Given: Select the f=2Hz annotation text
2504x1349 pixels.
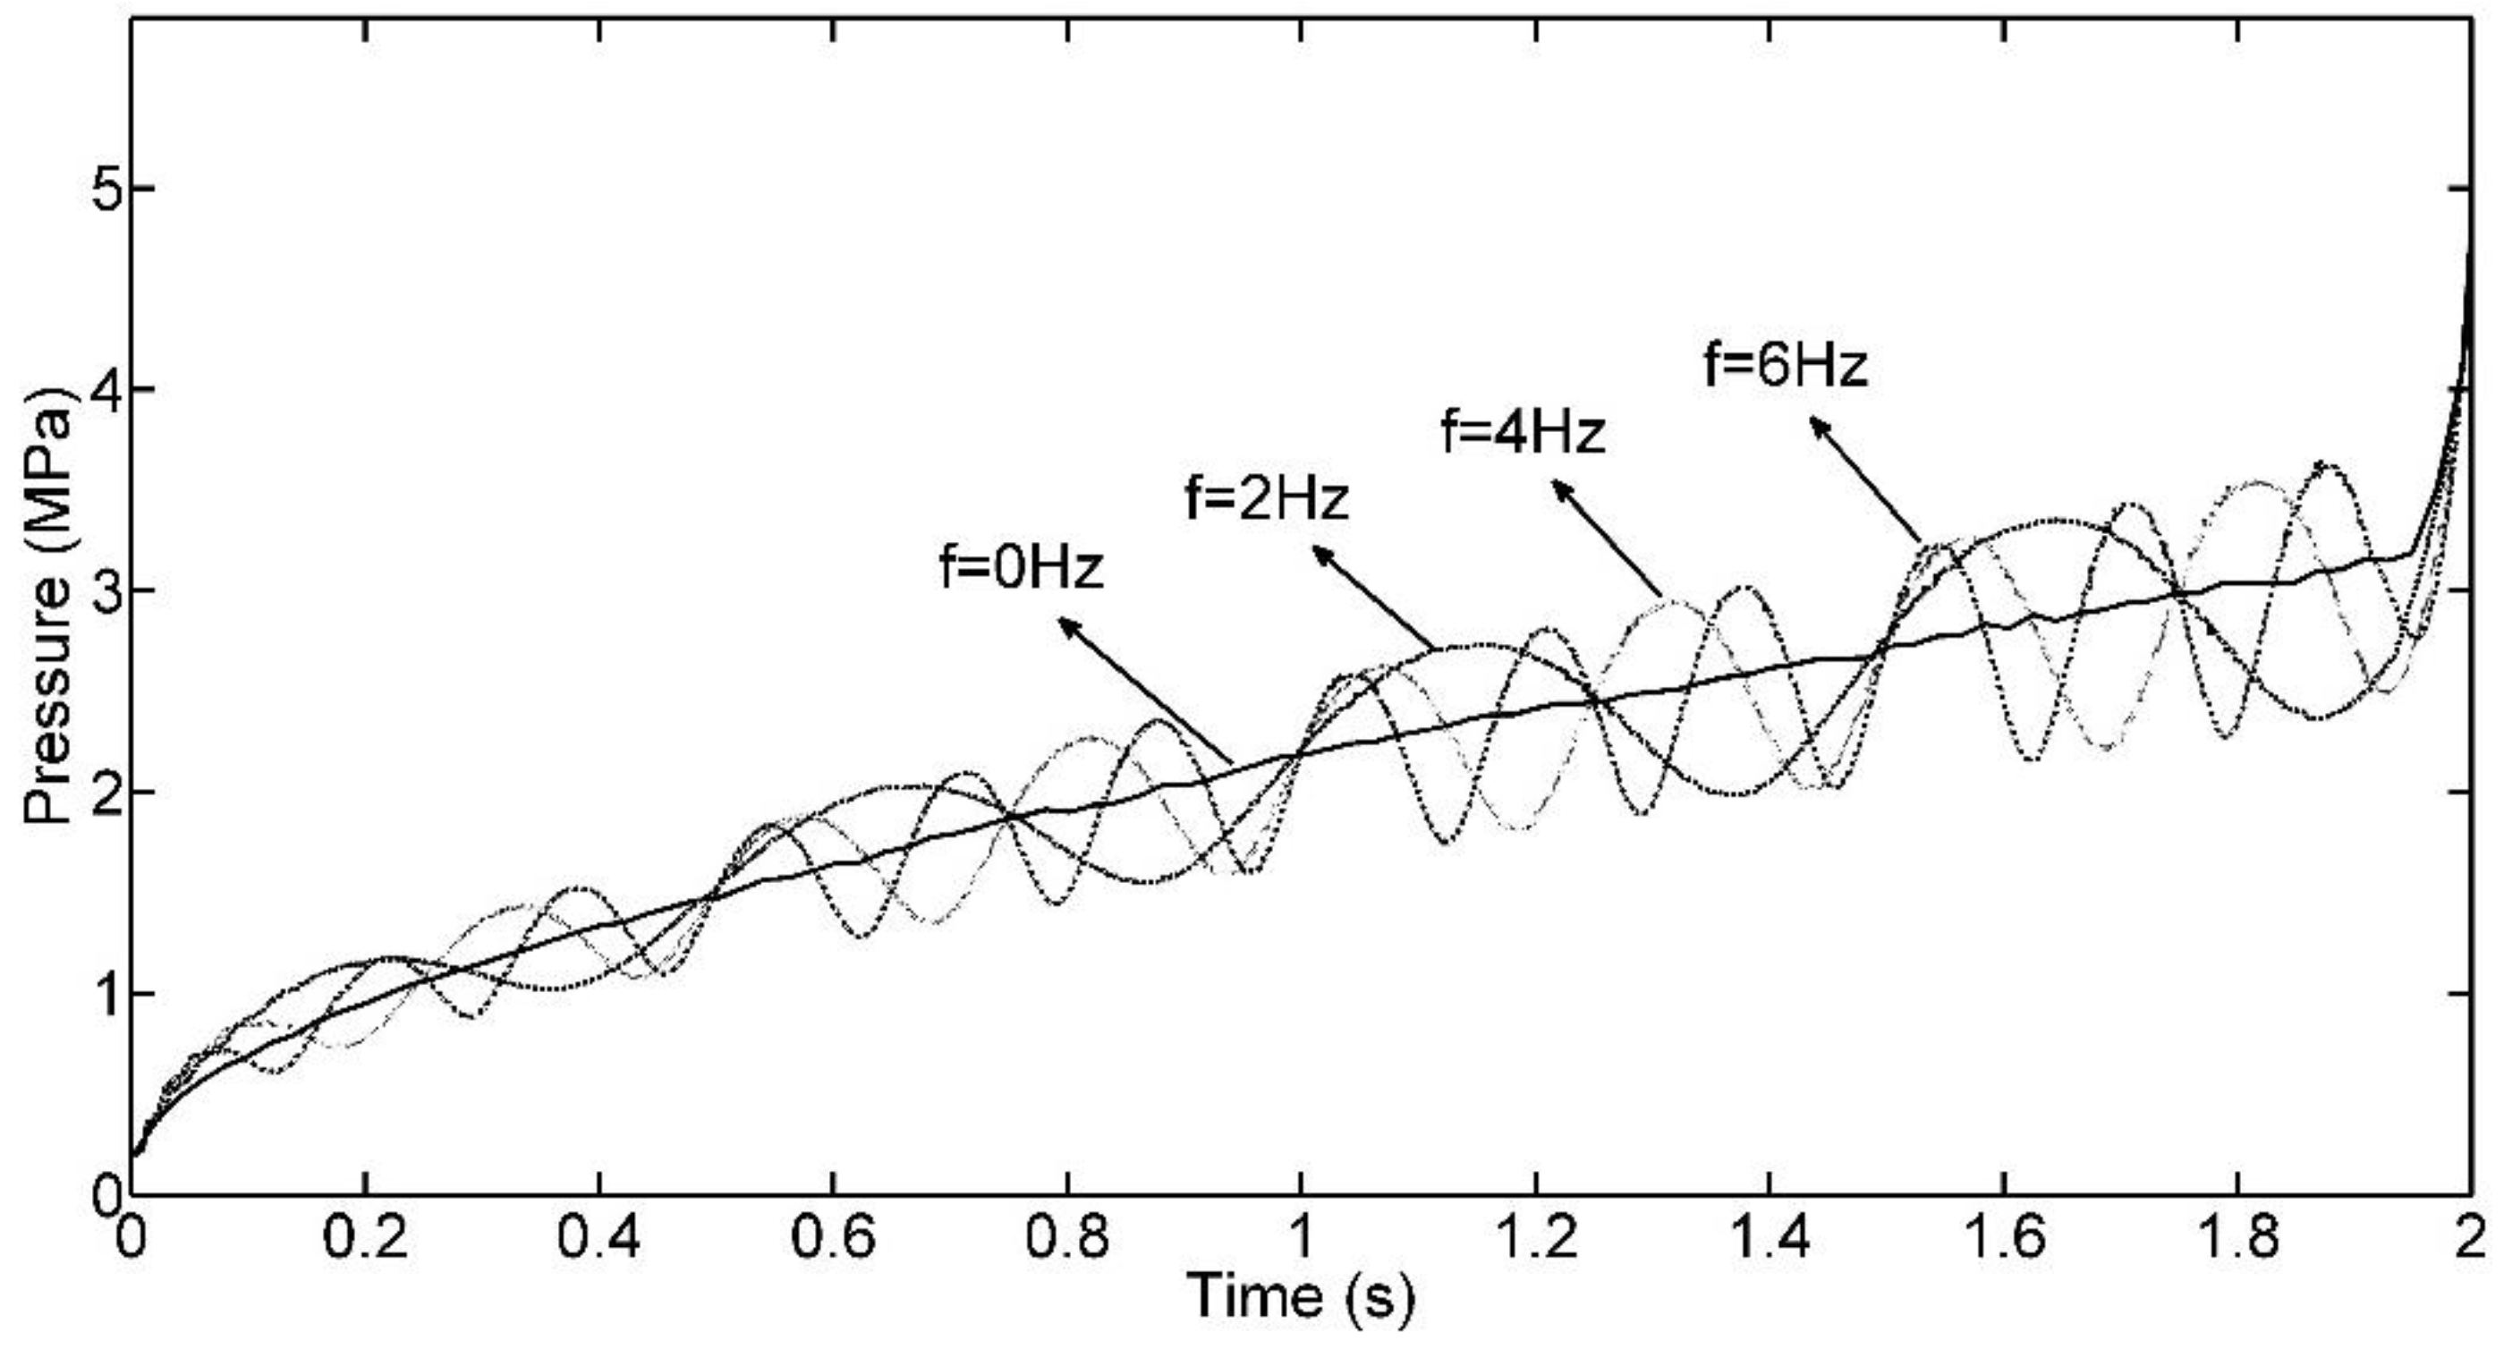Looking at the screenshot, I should click(x=1268, y=498).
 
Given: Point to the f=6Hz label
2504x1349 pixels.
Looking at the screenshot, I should click(x=1787, y=367).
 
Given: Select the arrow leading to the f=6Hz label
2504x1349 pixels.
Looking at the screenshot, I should click(x=1864, y=479).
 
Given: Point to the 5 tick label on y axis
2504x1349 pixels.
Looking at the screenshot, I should click(x=105, y=189).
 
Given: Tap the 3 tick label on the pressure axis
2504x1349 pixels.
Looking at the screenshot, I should click(x=105, y=591).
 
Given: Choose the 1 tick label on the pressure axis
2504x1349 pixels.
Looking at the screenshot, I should click(x=105, y=993).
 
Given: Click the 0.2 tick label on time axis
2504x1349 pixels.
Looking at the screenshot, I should click(x=363, y=1240).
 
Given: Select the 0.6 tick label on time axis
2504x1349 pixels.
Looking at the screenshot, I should click(x=833, y=1240).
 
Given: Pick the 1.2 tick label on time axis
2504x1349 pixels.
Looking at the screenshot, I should click(x=1535, y=1240).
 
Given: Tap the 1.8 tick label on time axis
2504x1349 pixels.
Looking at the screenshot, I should click(x=2237, y=1240).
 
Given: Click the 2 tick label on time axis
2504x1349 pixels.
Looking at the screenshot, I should click(x=2470, y=1240).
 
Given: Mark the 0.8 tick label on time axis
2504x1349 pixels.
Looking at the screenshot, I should click(x=1066, y=1240).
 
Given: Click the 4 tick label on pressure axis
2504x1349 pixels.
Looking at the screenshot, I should click(x=105, y=390).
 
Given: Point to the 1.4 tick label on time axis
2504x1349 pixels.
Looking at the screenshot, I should click(x=1770, y=1240).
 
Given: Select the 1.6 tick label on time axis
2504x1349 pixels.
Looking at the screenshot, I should click(x=2003, y=1240).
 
